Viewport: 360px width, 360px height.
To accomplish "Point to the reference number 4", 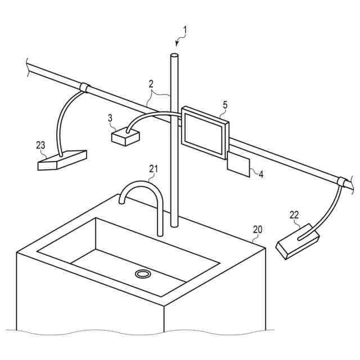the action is [x=260, y=173].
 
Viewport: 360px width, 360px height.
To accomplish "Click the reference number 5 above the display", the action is [x=226, y=105].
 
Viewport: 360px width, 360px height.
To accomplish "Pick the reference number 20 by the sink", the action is [x=258, y=229].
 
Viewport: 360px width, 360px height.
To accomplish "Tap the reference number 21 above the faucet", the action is [x=154, y=168].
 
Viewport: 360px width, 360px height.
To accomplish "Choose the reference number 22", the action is [x=294, y=214].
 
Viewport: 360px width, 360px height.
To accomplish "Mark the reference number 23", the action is [x=40, y=145].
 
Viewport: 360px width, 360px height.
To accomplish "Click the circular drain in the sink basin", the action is [x=143, y=273].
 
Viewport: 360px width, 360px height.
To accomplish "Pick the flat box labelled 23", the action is [x=62, y=160].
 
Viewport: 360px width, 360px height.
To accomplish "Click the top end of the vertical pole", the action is [x=174, y=55].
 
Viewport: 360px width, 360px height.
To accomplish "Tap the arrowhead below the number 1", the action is [x=177, y=44].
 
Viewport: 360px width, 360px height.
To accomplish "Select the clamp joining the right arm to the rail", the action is [x=341, y=182].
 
